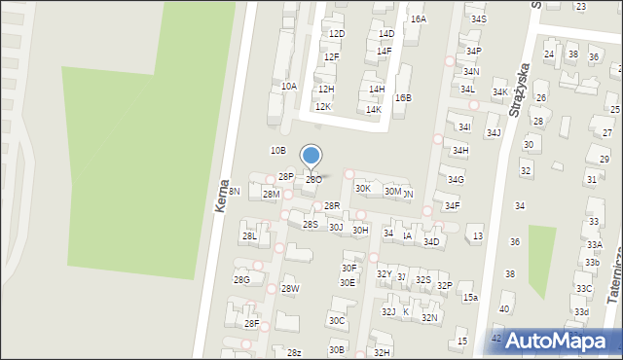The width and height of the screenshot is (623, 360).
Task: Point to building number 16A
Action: [x=418, y=18]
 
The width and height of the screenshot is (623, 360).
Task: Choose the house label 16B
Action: [x=403, y=97]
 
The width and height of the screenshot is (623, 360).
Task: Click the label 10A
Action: [x=289, y=86]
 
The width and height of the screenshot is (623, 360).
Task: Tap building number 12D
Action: [x=337, y=33]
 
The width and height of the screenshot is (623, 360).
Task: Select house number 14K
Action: [x=373, y=109]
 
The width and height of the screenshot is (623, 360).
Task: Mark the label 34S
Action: [x=478, y=18]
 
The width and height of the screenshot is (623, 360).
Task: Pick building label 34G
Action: [x=456, y=179]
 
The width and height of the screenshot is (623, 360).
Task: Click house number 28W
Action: [x=290, y=288]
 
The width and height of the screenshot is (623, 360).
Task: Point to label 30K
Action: [x=362, y=188]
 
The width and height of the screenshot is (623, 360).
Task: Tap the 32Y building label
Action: [x=384, y=274]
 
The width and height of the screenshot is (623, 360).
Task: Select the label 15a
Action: [x=470, y=297]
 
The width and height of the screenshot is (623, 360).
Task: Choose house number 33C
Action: [x=582, y=288]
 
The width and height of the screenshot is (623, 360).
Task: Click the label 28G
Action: [x=241, y=279]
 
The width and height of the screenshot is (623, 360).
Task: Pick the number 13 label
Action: [x=477, y=235]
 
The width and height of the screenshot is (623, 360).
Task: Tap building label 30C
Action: [x=337, y=319]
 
